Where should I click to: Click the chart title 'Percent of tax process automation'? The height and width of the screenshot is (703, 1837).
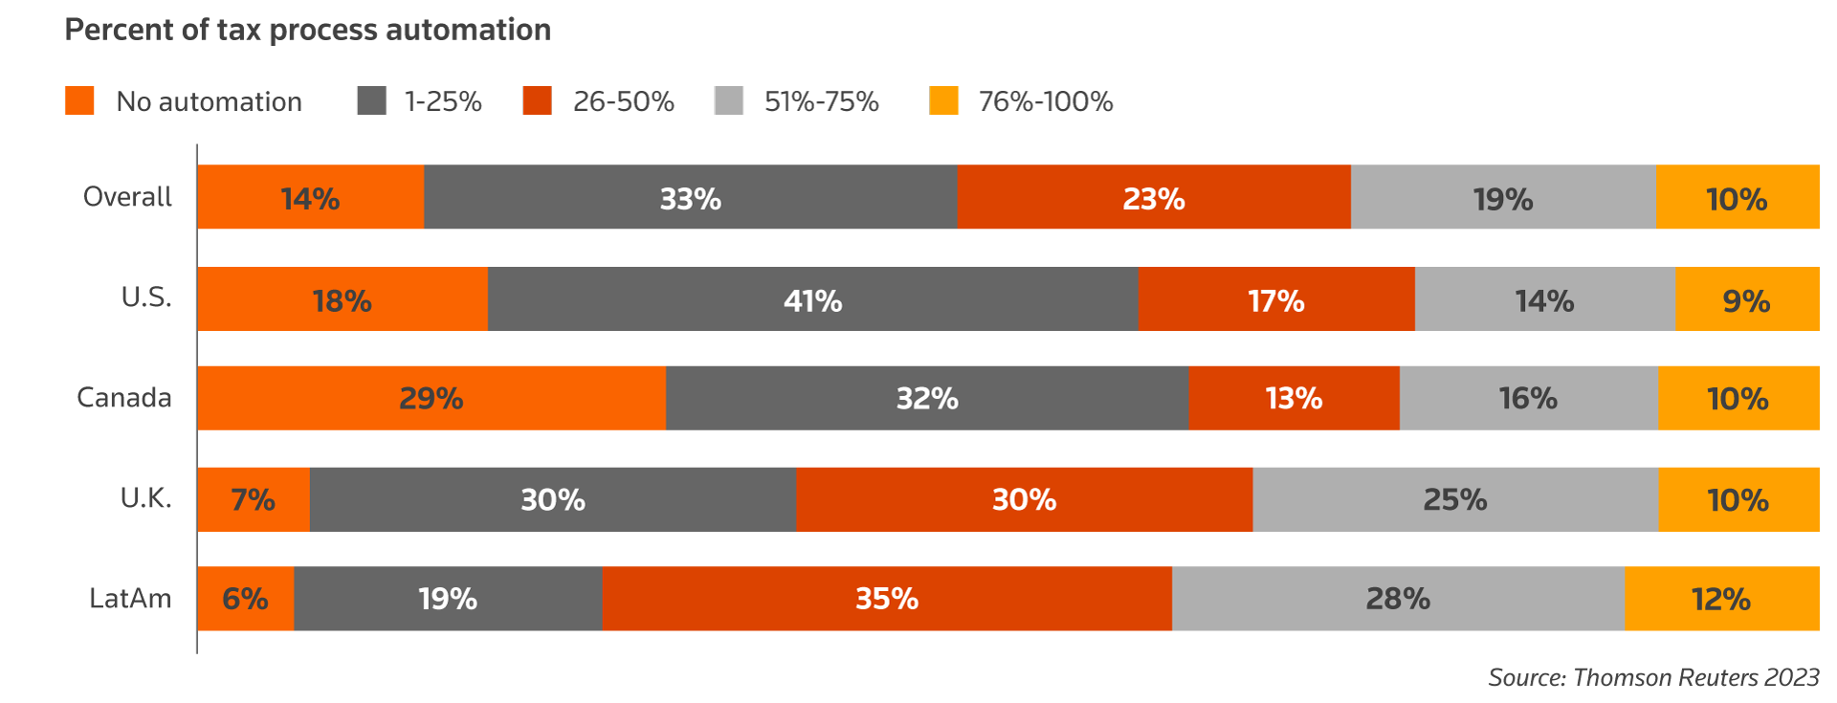(x=307, y=30)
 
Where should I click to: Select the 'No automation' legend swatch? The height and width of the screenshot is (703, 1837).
(x=79, y=100)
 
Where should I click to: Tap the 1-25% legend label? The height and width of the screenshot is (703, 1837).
(x=443, y=101)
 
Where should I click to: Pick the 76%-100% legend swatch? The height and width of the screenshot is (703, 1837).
(x=943, y=100)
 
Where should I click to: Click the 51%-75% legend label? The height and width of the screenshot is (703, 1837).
(x=821, y=101)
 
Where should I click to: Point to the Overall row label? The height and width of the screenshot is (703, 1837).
(x=127, y=197)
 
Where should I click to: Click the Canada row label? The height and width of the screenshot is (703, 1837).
(x=124, y=398)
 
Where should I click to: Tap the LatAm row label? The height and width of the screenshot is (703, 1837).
(x=130, y=599)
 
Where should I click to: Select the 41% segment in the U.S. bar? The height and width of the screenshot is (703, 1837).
(x=812, y=299)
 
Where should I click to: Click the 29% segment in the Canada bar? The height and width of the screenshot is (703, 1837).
(x=432, y=398)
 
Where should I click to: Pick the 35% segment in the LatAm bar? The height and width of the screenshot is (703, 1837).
(x=887, y=599)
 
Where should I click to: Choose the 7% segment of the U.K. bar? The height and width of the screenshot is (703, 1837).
(x=254, y=499)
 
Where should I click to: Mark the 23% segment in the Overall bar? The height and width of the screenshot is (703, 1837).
(x=1154, y=197)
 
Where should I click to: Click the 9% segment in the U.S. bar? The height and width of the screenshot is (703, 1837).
(x=1747, y=299)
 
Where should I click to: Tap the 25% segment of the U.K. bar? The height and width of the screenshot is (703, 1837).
(x=1455, y=499)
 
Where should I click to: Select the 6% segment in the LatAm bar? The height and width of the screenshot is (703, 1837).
(x=245, y=599)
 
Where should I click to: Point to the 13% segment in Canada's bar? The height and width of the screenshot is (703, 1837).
(x=1294, y=398)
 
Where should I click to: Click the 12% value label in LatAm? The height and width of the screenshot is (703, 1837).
(x=1721, y=600)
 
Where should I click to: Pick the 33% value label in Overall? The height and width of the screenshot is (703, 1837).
(x=690, y=199)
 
